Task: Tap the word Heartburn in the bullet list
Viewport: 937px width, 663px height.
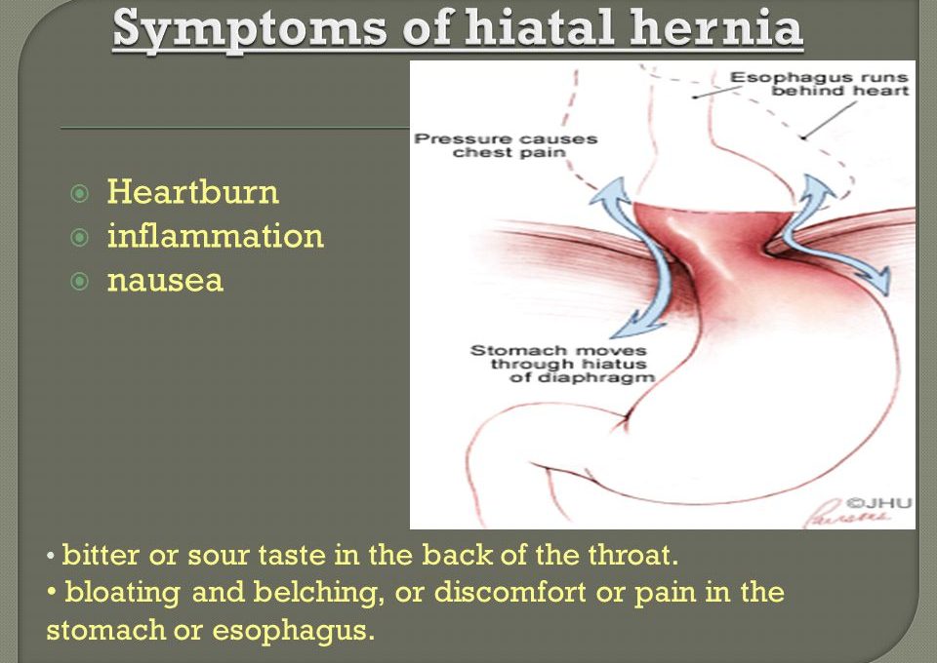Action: [193, 192]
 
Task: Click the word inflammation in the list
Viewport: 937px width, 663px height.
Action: [215, 236]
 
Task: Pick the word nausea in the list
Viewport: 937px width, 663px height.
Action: [166, 281]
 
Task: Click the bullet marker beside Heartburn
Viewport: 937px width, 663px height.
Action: [79, 193]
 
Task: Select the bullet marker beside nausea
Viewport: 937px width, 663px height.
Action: [79, 281]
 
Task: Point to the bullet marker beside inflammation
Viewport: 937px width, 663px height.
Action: [79, 238]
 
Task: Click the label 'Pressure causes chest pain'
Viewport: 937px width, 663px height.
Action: [506, 145]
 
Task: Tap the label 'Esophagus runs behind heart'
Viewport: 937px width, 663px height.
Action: [819, 84]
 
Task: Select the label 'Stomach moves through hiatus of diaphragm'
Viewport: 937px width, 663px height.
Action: [562, 364]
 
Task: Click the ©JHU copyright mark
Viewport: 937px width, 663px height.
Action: [878, 503]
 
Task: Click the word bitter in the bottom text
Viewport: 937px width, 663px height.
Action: [101, 555]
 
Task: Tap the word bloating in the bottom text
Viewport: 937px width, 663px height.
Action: [123, 593]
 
